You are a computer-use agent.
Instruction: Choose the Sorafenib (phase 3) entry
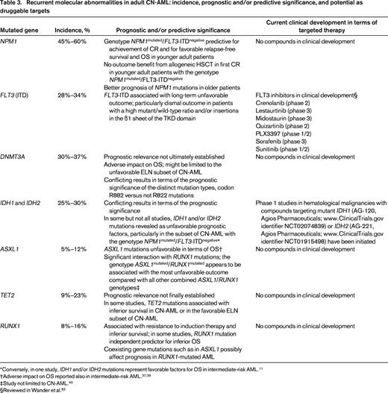[x=287, y=159]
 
